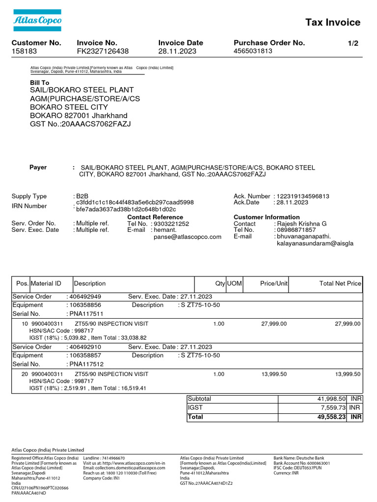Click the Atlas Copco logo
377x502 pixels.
(37, 21)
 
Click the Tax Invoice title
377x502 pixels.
(333, 22)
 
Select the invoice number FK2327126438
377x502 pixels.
(103, 51)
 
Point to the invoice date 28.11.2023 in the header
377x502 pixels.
(177, 51)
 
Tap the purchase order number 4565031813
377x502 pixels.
(253, 51)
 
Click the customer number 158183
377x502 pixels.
(24, 51)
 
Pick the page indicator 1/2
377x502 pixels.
(352, 43)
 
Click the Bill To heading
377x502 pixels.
(40, 83)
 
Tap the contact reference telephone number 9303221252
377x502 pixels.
(171, 224)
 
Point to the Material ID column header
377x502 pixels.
(46, 283)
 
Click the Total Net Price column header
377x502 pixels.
(340, 283)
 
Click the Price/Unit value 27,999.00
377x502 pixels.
(273, 324)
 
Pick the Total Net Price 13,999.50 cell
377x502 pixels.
(348, 374)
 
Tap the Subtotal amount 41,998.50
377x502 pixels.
(332, 399)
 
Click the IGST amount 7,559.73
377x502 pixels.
(334, 408)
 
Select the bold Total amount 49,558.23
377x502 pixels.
(332, 417)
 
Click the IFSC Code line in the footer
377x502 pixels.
(297, 468)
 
